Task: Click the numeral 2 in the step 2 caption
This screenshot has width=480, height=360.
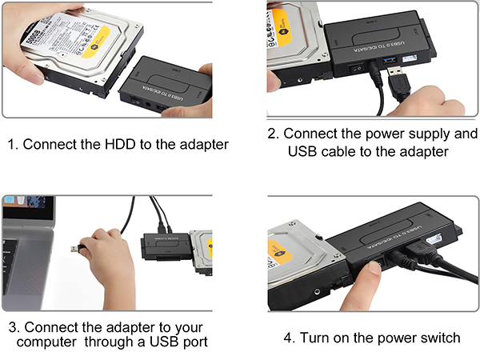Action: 273,133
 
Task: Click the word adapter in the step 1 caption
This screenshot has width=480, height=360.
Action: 203,145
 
